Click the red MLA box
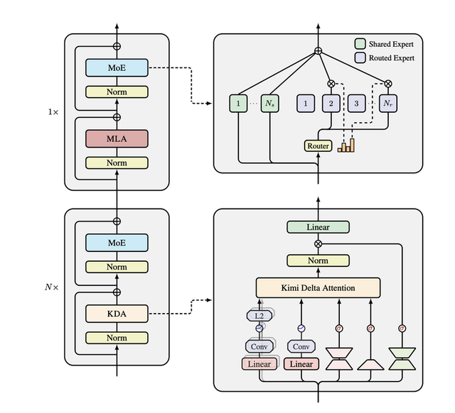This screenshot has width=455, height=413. click(117, 138)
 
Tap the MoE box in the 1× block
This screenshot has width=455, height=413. click(117, 67)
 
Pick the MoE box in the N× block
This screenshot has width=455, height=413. click(117, 243)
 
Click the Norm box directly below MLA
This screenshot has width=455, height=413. click(117, 163)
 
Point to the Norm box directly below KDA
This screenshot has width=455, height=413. click(117, 338)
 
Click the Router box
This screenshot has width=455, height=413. click(318, 146)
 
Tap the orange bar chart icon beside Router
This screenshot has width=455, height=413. click(346, 145)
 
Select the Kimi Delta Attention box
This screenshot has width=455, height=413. click(318, 287)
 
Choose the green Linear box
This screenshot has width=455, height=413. click(318, 227)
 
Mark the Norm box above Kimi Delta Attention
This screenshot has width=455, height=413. click(318, 260)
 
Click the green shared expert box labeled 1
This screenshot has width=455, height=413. click(238, 104)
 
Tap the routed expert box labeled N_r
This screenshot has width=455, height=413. click(387, 104)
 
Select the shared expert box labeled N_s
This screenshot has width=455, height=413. click(270, 104)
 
